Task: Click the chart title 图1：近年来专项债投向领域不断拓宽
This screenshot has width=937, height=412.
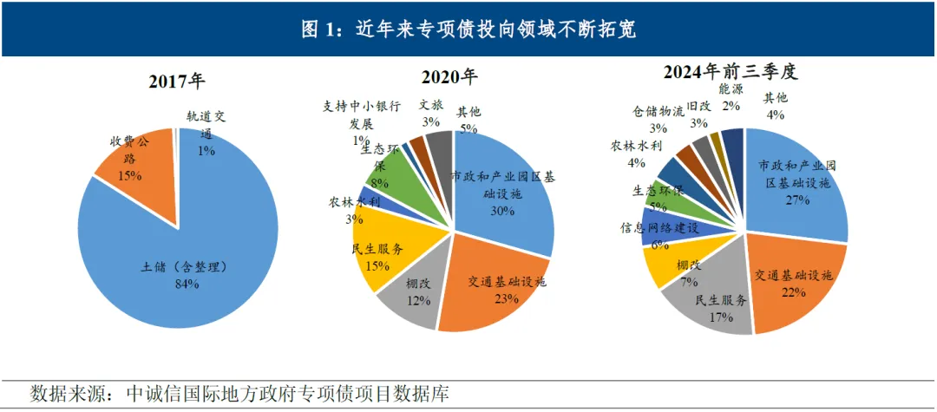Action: (468, 29)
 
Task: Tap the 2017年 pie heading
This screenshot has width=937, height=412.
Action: (177, 82)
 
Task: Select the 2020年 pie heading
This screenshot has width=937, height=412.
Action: (451, 76)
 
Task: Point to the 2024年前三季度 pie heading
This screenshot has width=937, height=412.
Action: (730, 73)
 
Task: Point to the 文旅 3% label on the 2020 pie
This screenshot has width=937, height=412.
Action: (431, 112)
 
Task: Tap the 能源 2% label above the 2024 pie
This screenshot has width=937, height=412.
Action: (731, 96)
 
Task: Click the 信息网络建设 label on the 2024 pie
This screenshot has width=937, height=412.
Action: (659, 228)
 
